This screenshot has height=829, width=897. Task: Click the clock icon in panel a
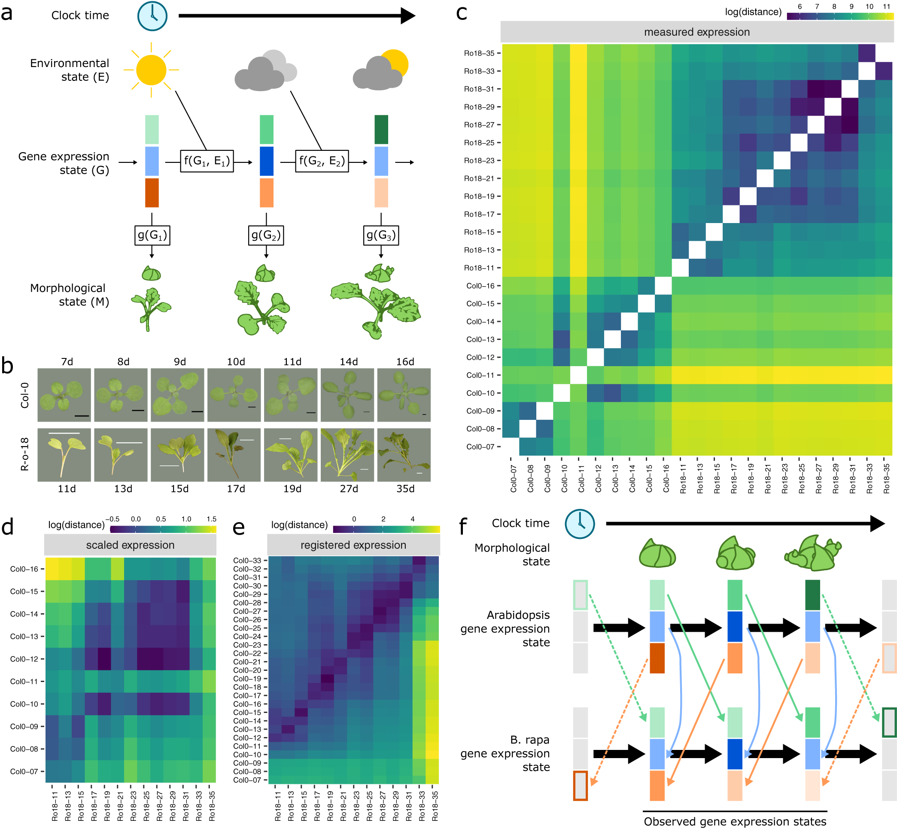152,16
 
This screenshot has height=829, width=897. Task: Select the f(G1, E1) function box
207,161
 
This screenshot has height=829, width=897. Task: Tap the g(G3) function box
380,235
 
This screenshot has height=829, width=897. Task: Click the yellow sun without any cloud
151,70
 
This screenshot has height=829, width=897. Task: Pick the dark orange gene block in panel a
152,193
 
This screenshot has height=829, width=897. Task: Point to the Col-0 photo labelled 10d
234,395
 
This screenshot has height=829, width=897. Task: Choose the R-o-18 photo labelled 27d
347,455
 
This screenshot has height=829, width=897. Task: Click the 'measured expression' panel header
696,32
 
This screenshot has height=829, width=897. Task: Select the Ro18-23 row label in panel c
479,161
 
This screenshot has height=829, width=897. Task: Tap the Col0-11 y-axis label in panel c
480,376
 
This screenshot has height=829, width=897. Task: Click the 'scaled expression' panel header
130,545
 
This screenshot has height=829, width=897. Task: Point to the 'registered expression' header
353,545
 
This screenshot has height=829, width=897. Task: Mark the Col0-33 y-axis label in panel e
247,560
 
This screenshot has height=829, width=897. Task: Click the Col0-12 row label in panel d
24,659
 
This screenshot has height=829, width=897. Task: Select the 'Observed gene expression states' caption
735,821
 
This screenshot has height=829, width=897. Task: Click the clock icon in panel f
580,523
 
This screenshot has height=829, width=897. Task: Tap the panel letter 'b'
8,366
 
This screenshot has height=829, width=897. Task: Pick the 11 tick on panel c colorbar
886,7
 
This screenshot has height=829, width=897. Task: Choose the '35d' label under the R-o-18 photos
405,489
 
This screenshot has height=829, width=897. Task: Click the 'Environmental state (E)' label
70,70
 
